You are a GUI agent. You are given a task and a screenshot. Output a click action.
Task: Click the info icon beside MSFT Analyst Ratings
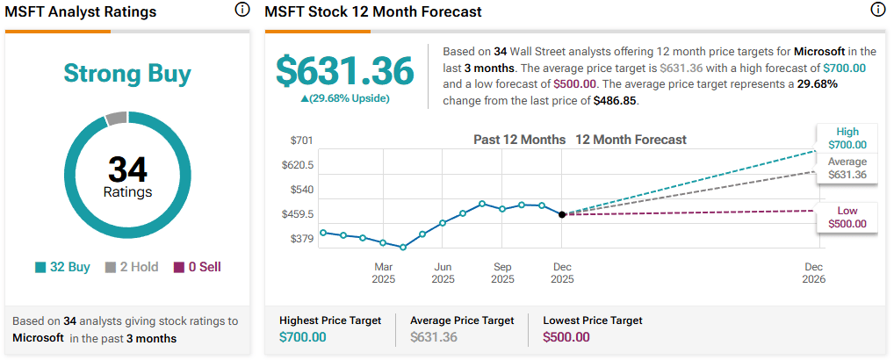242,11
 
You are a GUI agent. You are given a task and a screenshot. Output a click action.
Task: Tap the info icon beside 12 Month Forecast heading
877,11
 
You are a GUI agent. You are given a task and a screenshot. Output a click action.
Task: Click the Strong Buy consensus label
127,74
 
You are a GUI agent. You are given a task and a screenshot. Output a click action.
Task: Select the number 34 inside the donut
127,169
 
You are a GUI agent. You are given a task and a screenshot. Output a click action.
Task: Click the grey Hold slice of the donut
116,119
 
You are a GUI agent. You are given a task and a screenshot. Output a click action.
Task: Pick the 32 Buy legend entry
62,267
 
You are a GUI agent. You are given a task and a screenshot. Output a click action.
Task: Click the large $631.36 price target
344,70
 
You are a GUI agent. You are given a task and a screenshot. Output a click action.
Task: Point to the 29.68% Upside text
344,98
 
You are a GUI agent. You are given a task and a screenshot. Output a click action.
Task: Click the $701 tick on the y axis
302,140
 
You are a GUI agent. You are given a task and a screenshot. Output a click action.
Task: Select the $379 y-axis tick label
302,239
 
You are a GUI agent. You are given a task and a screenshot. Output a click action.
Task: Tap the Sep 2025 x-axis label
502,273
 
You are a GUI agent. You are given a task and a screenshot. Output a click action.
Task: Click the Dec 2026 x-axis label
813,273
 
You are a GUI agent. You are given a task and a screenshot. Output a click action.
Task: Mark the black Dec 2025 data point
562,214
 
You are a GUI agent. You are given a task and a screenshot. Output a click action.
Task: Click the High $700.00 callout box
847,138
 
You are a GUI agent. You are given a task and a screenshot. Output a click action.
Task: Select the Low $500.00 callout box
847,217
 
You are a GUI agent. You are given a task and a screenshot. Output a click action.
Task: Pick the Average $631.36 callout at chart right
847,168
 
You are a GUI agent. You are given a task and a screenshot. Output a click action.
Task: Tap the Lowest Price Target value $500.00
567,337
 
